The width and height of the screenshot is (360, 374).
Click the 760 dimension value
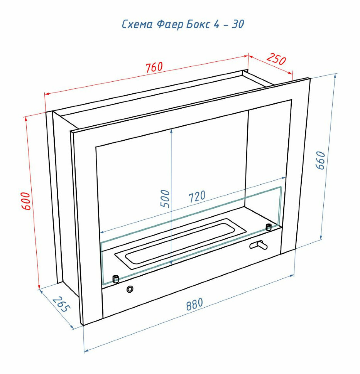click(x=154, y=67)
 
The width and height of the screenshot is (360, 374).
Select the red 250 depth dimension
click(x=276, y=59)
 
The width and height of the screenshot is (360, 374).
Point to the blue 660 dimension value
click(x=321, y=160)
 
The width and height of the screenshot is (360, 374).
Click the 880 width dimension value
click(x=194, y=304)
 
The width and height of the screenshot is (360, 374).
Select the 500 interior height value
click(x=165, y=199)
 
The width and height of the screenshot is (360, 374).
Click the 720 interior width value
click(x=197, y=197)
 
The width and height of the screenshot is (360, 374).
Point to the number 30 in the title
click(x=238, y=24)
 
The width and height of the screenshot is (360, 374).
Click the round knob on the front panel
click(x=131, y=289)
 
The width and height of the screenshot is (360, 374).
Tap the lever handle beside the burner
click(x=258, y=245)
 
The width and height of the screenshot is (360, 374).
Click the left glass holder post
click(x=115, y=279)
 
